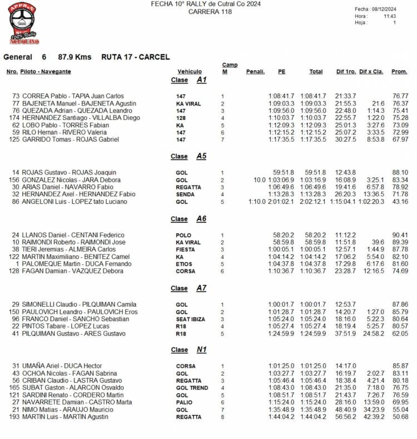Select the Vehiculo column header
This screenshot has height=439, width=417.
[190, 72]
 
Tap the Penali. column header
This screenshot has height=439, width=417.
[255, 72]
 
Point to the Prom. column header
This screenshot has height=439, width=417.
[399, 72]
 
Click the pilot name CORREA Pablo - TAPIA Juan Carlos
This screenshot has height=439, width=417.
[73, 96]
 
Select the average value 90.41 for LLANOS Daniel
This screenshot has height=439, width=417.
[400, 235]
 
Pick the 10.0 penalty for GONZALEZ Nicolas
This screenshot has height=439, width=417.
[259, 180]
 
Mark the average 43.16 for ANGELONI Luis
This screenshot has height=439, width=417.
[400, 202]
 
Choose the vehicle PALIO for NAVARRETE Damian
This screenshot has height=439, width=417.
[183, 402]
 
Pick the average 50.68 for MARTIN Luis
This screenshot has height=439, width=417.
[400, 417]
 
